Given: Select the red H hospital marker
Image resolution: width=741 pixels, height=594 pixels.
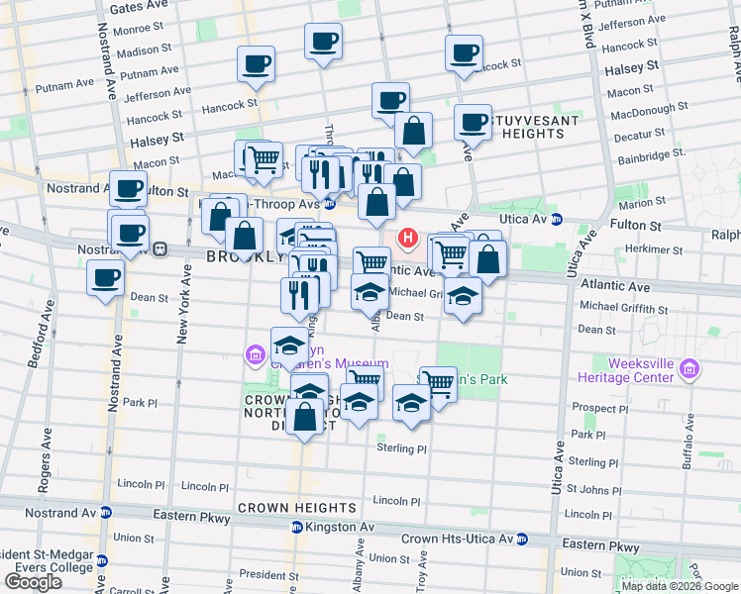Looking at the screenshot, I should (x=406, y=239).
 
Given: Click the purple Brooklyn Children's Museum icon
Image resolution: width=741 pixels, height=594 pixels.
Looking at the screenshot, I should (x=256, y=354).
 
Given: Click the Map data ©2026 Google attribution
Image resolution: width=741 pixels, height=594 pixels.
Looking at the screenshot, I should (x=681, y=586).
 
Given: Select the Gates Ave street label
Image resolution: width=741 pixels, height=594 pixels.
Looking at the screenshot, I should (x=134, y=7).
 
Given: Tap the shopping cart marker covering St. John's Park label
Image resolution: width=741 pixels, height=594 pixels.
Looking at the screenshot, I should (x=438, y=385).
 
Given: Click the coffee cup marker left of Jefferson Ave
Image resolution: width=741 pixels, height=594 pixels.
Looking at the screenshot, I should (x=255, y=65).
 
